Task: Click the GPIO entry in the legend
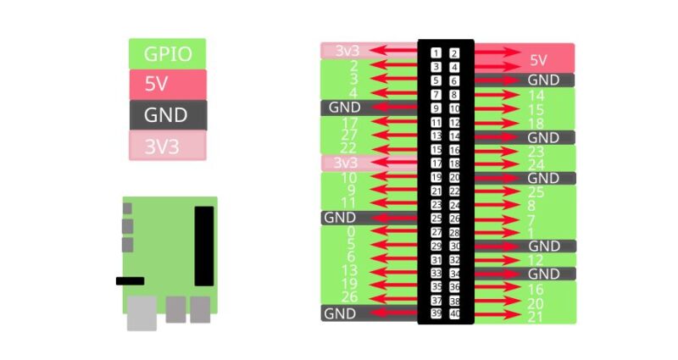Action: click(167, 54)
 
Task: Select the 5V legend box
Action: click(167, 85)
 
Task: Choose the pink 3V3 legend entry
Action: click(167, 146)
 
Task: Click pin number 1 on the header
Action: click(436, 53)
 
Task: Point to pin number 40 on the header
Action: click(455, 313)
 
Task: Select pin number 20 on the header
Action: click(455, 177)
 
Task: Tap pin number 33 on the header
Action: click(436, 273)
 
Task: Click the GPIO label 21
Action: click(535, 317)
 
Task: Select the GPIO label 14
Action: click(536, 96)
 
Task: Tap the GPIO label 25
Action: click(536, 192)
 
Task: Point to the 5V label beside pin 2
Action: click(539, 60)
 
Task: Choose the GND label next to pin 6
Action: click(543, 80)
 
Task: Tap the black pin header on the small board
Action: click(204, 246)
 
